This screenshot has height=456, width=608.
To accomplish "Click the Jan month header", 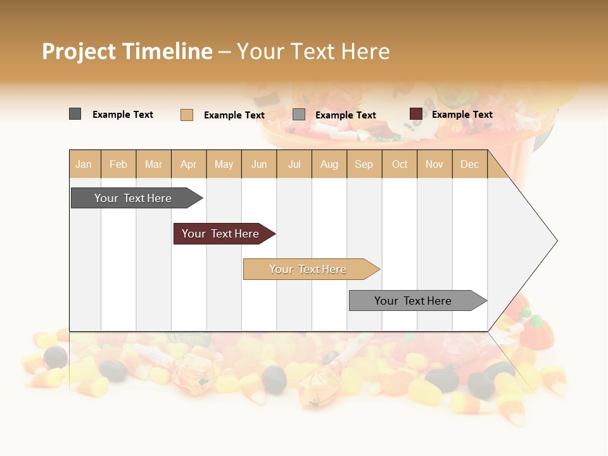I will [84, 164].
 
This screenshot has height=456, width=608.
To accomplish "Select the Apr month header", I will [189, 164].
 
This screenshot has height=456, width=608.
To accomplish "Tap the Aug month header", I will [329, 164].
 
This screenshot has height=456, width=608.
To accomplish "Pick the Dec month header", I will [470, 164].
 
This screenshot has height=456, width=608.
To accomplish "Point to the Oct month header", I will [400, 164].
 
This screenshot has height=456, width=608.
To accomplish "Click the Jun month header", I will [259, 164].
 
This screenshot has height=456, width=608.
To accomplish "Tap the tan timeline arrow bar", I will [310, 269].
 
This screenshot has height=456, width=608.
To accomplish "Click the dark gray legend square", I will [75, 114].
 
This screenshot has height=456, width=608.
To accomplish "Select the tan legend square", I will [187, 115].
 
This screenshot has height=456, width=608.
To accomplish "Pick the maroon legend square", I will [416, 114].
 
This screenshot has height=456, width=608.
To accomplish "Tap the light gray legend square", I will [299, 115].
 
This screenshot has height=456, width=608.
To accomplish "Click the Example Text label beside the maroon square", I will [462, 115].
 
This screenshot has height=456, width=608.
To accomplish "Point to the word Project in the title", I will [79, 51].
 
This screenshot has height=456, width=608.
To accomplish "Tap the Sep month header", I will [364, 164].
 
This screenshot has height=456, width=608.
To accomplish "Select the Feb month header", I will [118, 164].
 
